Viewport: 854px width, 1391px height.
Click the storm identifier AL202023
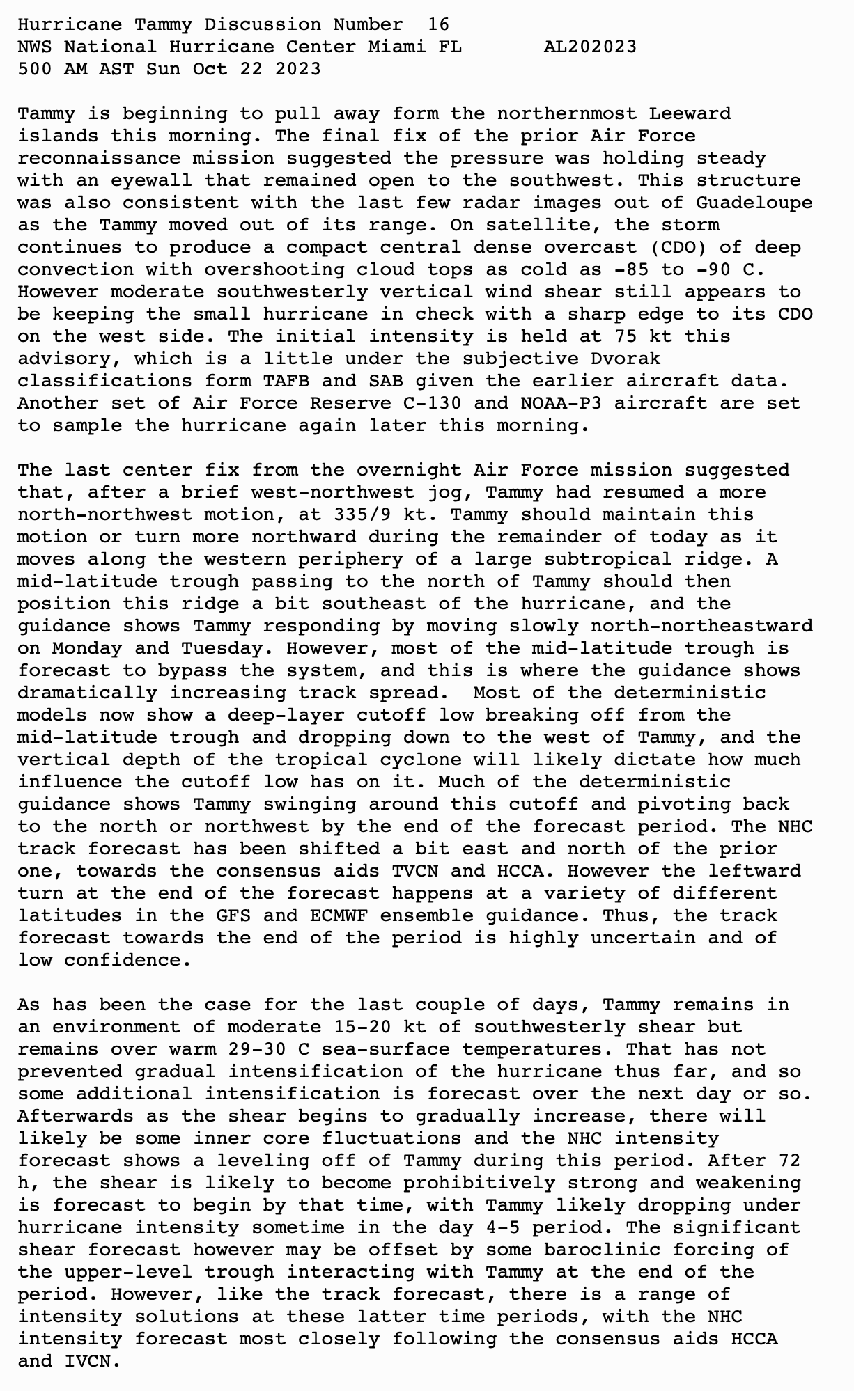(x=590, y=47)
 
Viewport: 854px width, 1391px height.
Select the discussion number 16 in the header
(x=438, y=24)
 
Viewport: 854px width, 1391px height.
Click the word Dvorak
(x=626, y=359)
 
